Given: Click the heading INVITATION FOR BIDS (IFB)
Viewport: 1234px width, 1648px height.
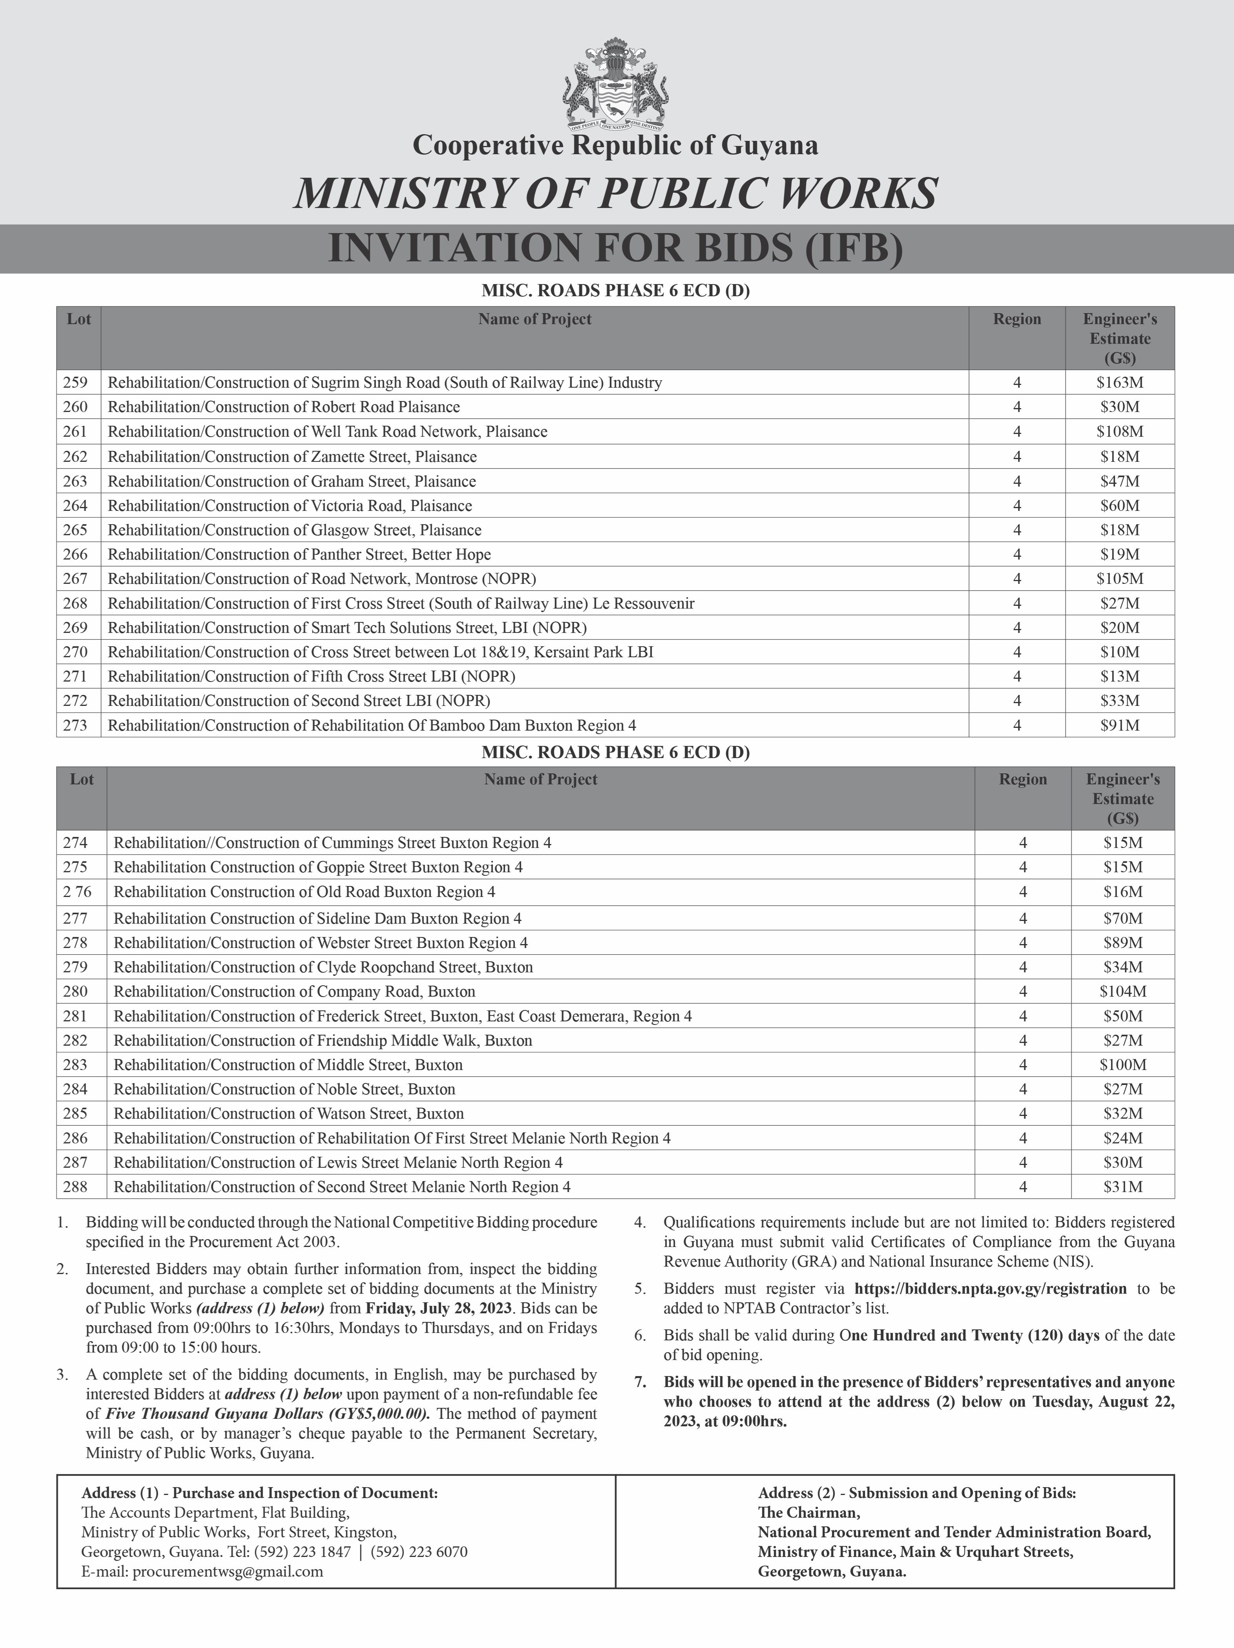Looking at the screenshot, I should point(615,249).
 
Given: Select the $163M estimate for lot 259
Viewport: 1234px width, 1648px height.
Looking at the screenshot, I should point(1119,383).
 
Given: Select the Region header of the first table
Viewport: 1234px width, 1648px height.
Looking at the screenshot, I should point(1017,320).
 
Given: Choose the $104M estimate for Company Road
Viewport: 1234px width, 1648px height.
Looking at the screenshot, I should point(1122,992).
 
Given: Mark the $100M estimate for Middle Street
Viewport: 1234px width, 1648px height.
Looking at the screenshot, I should point(1122,1065).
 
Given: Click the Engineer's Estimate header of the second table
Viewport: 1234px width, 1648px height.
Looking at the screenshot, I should point(1122,798).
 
